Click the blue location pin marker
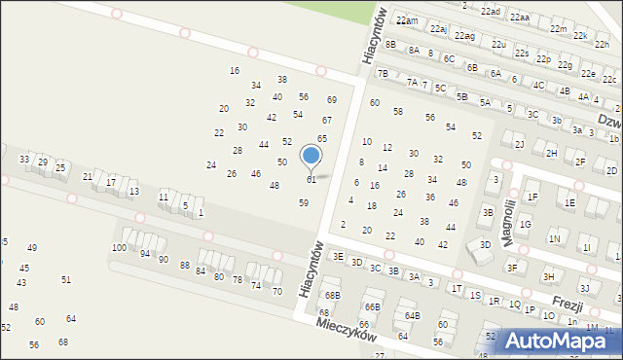(311, 156)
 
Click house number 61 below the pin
(311, 180)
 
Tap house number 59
(304, 202)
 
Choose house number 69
(331, 99)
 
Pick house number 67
(327, 120)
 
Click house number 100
(119, 248)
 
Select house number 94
(145, 253)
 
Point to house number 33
(24, 159)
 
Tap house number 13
(133, 192)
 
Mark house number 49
(32, 248)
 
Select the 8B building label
(390, 44)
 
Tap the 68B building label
(333, 295)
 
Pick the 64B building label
(413, 315)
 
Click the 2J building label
(519, 144)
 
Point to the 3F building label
(511, 267)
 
